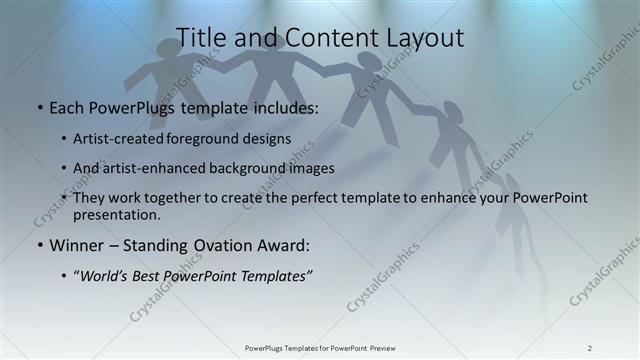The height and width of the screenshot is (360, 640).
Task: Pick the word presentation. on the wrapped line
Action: click(116, 214)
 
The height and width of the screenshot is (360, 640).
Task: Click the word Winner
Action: click(77, 245)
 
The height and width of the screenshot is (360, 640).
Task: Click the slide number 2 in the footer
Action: click(589, 348)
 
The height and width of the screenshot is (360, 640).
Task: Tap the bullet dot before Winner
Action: click(39, 245)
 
